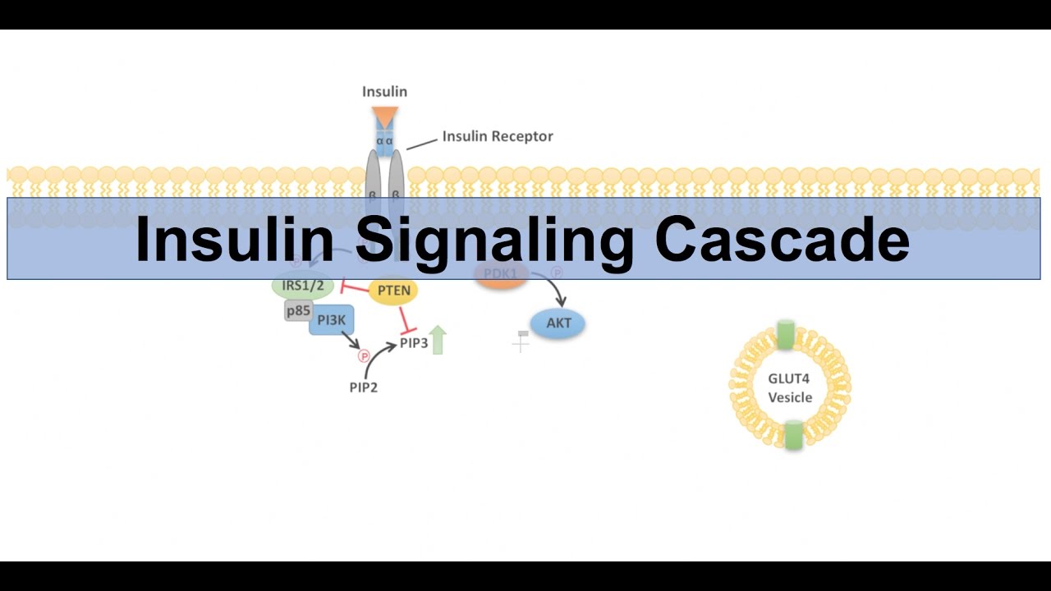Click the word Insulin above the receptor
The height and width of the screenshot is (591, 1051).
[x=384, y=92]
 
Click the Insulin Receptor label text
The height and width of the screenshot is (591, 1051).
[x=498, y=136]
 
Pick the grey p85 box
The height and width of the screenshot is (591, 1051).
[x=297, y=311]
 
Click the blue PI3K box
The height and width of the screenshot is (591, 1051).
[x=331, y=320]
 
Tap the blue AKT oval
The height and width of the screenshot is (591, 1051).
[x=558, y=323]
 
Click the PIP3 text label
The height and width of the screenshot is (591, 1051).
[x=414, y=343]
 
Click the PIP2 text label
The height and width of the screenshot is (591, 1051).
[x=363, y=387]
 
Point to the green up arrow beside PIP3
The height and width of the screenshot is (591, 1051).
[x=438, y=340]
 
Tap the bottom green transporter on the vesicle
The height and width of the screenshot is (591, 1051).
[x=792, y=435]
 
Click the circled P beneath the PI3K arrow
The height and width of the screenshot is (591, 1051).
[x=364, y=356]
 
